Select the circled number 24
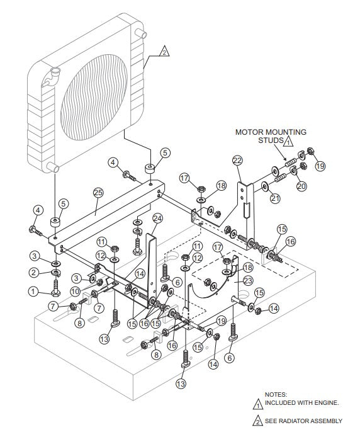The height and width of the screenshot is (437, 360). click(157, 218)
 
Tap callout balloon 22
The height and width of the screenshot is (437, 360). click(237, 161)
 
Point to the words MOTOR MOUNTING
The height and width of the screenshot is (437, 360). click(271, 132)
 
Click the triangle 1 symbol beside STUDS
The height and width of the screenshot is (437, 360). click(287, 142)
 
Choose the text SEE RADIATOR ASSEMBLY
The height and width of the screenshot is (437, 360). click(304, 421)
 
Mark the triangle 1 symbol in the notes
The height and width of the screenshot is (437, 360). click(257, 402)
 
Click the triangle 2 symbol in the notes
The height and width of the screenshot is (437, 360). click(257, 420)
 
